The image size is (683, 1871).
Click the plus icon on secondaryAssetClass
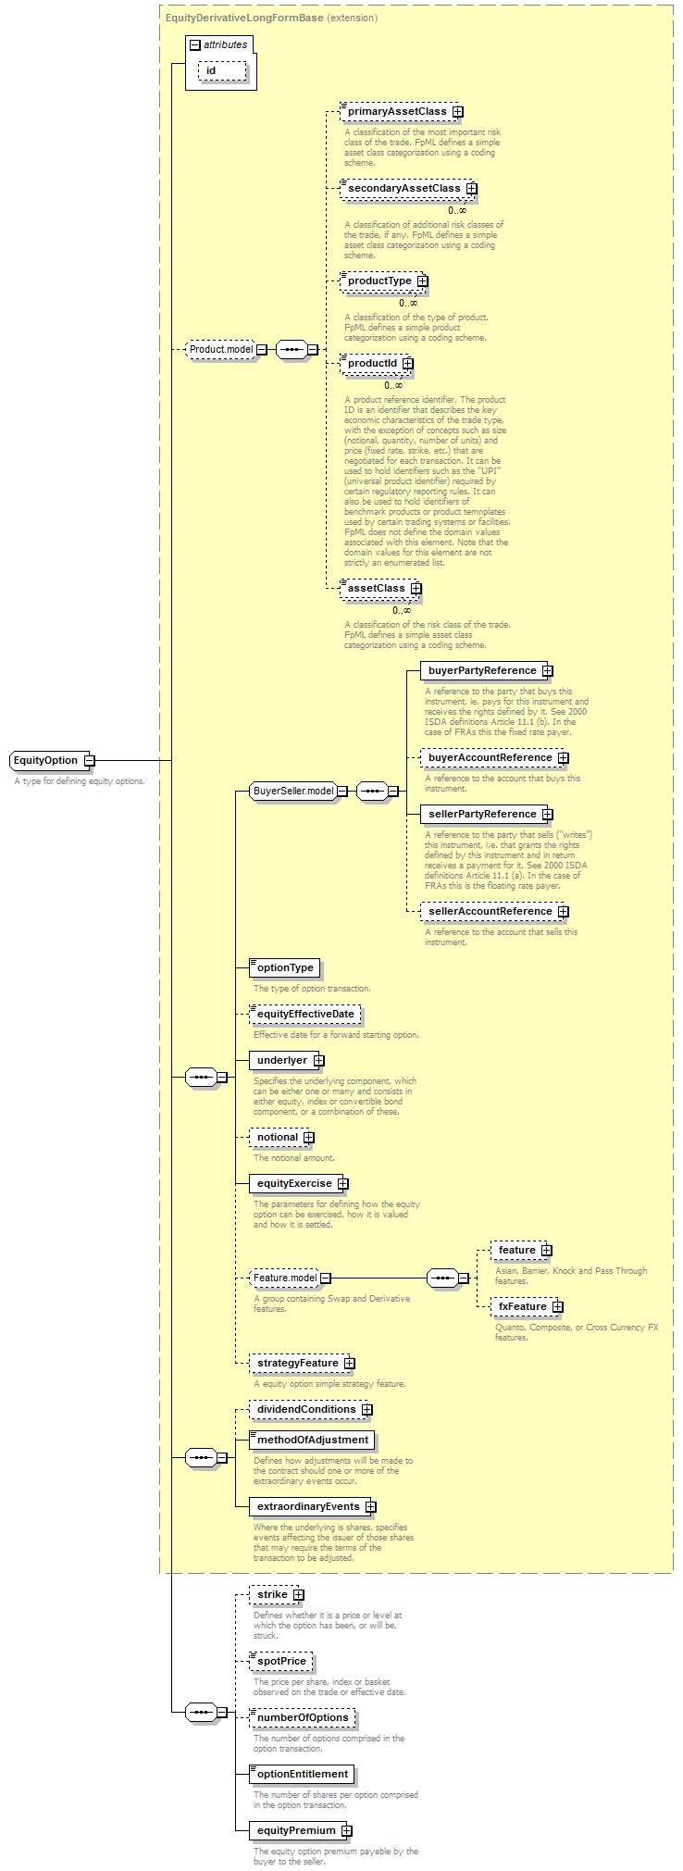pyautogui.click(x=471, y=189)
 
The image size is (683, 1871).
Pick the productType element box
pyautogui.click(x=384, y=281)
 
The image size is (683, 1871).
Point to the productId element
pyautogui.click(x=377, y=364)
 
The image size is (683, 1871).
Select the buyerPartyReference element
pyautogui.click(x=487, y=671)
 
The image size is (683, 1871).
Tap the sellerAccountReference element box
pyautogui.click(x=495, y=912)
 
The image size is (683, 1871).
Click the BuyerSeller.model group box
pyautogui.click(x=299, y=792)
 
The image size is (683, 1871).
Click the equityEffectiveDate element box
pyautogui.click(x=305, y=1015)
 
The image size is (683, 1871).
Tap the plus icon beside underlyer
pyautogui.click(x=318, y=1061)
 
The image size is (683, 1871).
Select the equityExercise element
pyautogui.click(x=299, y=1184)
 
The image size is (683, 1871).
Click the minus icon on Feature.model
pyautogui.click(x=326, y=1279)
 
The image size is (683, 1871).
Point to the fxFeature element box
pyautogui.click(x=528, y=1307)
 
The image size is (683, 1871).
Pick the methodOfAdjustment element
pyautogui.click(x=313, y=1441)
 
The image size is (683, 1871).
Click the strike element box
pyautogui.click(x=277, y=1595)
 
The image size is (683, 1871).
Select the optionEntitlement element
pyautogui.click(x=303, y=1775)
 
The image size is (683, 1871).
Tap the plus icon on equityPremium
pyautogui.click(x=346, y=1831)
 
